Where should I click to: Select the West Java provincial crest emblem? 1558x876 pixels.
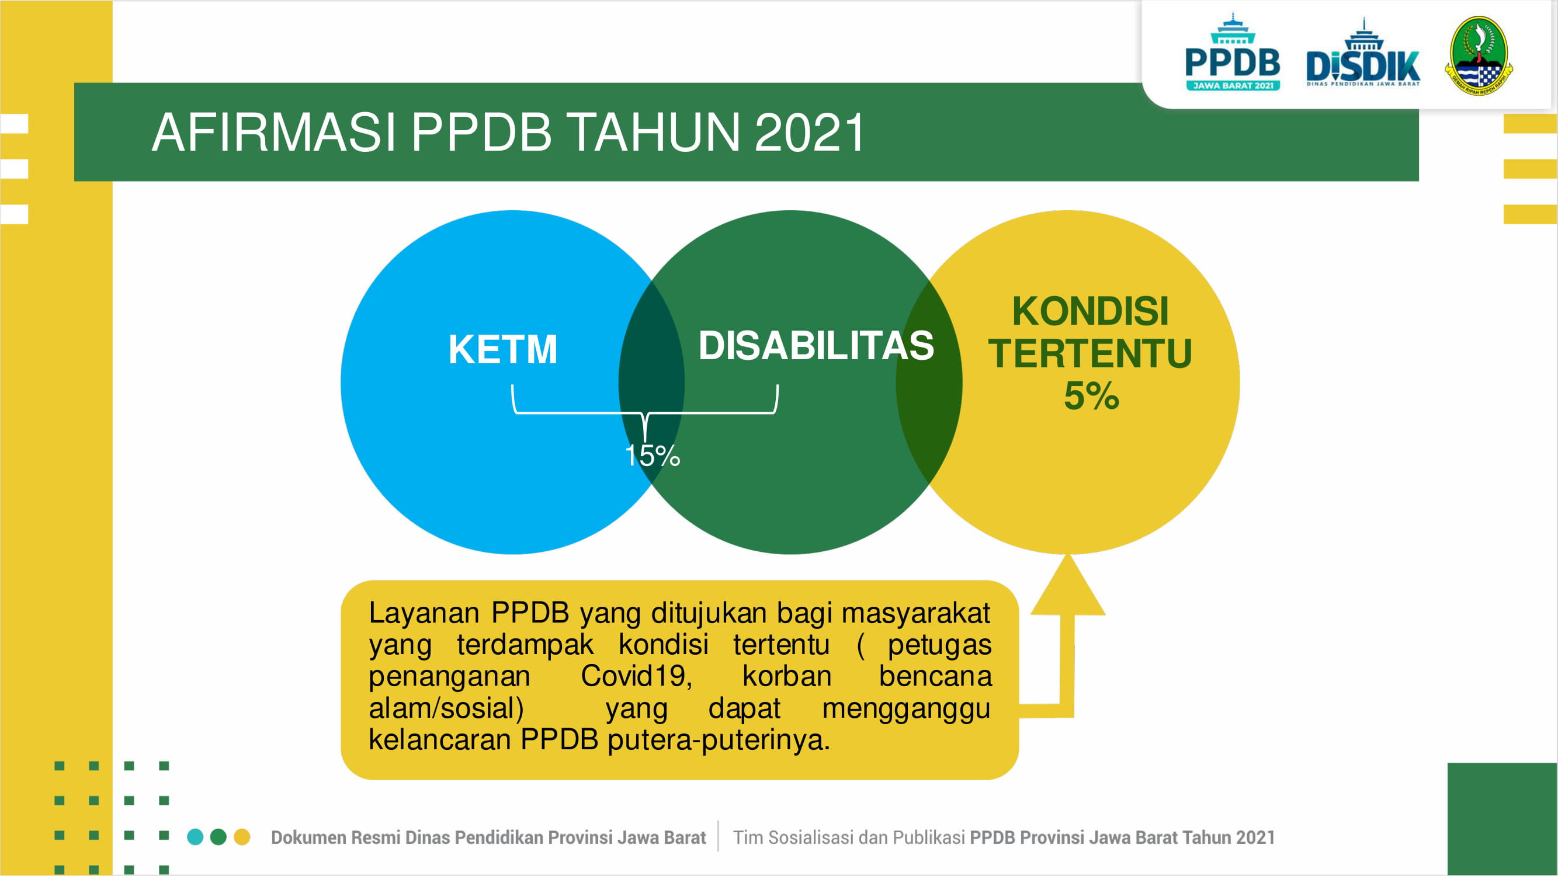[x=1479, y=55]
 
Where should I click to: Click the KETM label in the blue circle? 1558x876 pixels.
[x=502, y=349]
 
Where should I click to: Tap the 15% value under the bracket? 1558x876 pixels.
[x=653, y=456]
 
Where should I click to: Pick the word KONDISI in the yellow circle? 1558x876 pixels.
[x=1091, y=311]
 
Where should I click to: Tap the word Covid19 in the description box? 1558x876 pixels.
[x=636, y=676]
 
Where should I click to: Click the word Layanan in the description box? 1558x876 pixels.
[x=424, y=613]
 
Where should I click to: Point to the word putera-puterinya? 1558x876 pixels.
[x=719, y=739]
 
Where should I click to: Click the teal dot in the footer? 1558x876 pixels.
[x=195, y=837]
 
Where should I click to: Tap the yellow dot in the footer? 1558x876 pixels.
[x=242, y=837]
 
